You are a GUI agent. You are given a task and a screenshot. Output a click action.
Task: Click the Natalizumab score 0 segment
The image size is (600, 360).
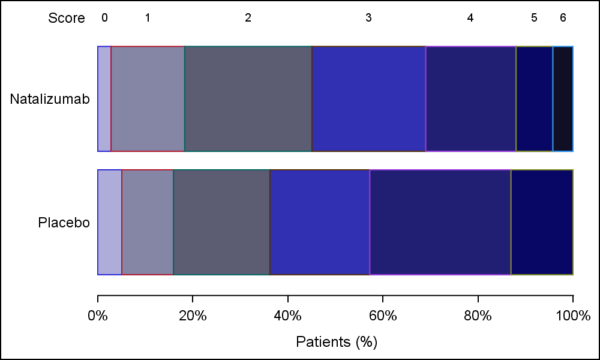point(104,99)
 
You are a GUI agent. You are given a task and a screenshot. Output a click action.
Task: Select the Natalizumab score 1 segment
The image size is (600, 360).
point(148,99)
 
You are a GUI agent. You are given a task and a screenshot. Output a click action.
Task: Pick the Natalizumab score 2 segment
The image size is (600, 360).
point(248,99)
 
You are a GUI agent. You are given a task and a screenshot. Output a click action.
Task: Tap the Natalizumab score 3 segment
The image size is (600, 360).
point(368,99)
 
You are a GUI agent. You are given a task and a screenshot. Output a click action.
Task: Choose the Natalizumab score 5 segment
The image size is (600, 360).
point(534,99)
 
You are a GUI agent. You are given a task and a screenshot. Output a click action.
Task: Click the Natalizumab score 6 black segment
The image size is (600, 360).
point(563,99)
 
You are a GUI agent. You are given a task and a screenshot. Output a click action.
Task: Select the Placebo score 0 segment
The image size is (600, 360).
point(110,222)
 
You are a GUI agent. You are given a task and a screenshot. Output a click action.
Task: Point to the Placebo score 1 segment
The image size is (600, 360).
point(148,222)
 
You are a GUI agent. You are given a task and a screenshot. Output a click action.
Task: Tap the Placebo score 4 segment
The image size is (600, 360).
point(440,222)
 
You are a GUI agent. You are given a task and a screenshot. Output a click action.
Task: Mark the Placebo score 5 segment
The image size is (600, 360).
point(542,222)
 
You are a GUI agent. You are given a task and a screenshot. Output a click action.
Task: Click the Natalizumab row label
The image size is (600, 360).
point(50,99)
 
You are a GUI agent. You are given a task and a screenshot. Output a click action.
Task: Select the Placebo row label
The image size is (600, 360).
point(64,223)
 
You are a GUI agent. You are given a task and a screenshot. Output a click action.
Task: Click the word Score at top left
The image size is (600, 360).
point(67,19)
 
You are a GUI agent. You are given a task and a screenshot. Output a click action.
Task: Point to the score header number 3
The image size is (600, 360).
point(368,18)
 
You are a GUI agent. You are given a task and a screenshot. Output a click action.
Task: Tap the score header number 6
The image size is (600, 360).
point(563,18)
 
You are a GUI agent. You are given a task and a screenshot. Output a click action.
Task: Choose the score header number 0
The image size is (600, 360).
point(104,18)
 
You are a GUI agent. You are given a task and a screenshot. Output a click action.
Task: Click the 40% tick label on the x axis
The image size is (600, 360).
point(288,316)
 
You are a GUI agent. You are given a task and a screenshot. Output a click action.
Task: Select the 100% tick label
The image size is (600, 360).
point(573,316)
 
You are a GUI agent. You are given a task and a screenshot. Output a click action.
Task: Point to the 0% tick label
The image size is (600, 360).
point(98,316)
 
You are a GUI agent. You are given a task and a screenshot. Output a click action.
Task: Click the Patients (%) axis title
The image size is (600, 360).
point(336,342)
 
